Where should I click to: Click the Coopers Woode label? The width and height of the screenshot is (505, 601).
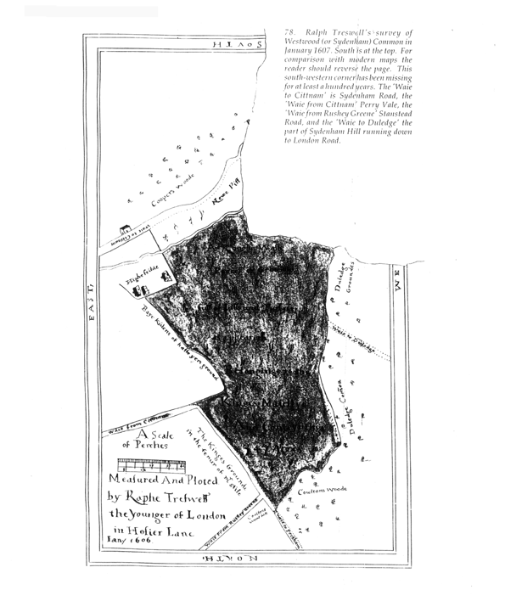click(173, 190)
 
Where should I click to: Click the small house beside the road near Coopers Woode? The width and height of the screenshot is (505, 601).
click(126, 229)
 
